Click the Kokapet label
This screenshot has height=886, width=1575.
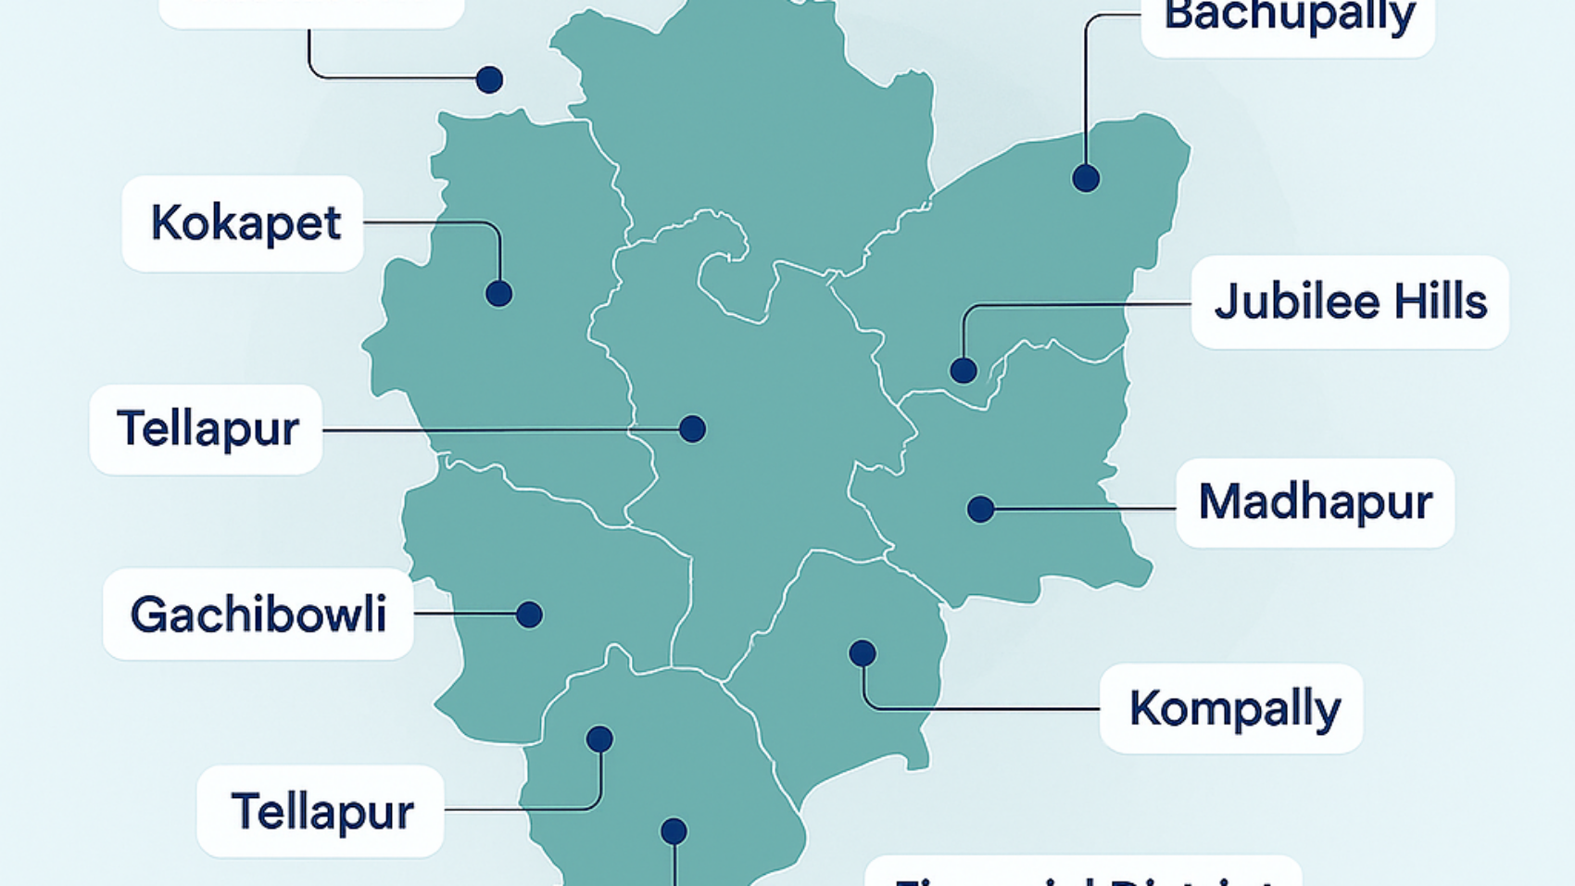(x=246, y=223)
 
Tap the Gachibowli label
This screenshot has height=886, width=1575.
(x=258, y=614)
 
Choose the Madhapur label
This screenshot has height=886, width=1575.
(x=1315, y=502)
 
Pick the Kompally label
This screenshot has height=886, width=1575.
(x=1234, y=709)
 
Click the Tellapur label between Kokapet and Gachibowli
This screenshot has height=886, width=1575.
(x=208, y=429)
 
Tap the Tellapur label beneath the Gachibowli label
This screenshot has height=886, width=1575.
(x=321, y=812)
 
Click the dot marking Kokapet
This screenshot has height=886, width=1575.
(x=498, y=294)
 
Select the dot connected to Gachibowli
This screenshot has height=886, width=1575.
(x=529, y=614)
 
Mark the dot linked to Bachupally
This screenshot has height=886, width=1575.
(x=1086, y=178)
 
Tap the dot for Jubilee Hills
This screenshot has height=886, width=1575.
(x=964, y=371)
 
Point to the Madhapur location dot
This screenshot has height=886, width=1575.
(x=980, y=509)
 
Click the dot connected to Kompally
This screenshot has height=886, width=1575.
(x=863, y=653)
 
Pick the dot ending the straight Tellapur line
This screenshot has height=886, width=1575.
(x=692, y=428)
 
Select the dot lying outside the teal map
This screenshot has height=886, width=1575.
(x=489, y=80)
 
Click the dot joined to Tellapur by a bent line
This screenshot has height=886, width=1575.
(x=599, y=739)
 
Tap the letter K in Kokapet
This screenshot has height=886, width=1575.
(x=167, y=223)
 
